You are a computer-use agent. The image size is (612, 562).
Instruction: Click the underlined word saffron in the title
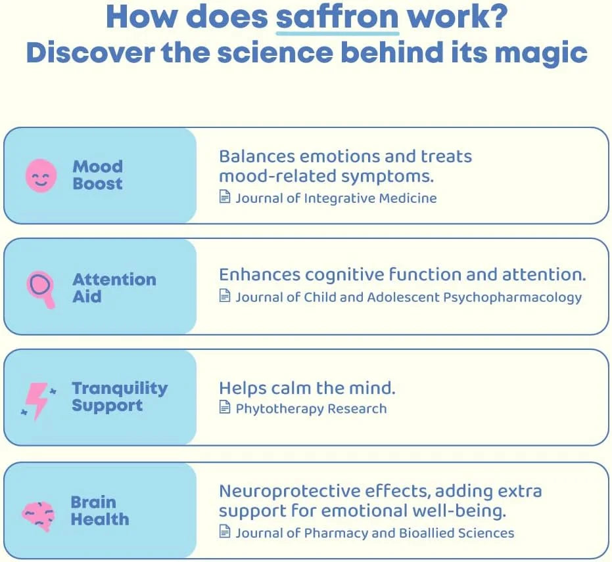tap(337, 17)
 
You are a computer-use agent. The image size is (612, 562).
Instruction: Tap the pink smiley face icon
tap(41, 175)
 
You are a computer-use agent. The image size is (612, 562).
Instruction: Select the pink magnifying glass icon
tap(41, 287)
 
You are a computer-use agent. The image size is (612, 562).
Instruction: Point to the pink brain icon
tap(38, 513)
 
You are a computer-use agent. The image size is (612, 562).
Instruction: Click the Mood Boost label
tap(97, 175)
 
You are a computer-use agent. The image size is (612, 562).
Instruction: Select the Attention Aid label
tap(114, 288)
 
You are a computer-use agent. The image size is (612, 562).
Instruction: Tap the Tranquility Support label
tap(120, 397)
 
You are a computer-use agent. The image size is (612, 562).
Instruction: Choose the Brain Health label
tap(100, 511)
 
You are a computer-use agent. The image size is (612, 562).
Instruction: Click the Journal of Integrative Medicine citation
tap(336, 198)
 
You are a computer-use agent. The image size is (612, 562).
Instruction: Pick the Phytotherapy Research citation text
tap(311, 408)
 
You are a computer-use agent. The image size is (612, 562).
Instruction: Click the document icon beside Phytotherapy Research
tap(225, 408)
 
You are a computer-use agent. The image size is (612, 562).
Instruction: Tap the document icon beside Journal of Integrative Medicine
tap(225, 198)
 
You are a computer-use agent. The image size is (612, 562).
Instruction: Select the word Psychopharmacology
tap(512, 297)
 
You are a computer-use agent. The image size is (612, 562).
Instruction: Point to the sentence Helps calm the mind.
tap(307, 387)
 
